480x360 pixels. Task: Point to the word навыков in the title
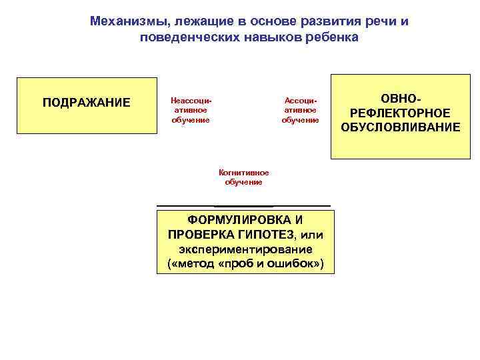coord(265,37)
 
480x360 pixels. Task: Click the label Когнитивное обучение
coord(243,177)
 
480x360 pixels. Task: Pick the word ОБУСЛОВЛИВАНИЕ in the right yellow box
coord(401,127)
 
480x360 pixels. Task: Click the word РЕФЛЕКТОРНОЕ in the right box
coord(401,112)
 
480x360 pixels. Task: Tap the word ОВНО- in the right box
coord(401,97)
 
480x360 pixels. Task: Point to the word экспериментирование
coord(245,249)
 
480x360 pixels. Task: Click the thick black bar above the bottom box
coord(244,205)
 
